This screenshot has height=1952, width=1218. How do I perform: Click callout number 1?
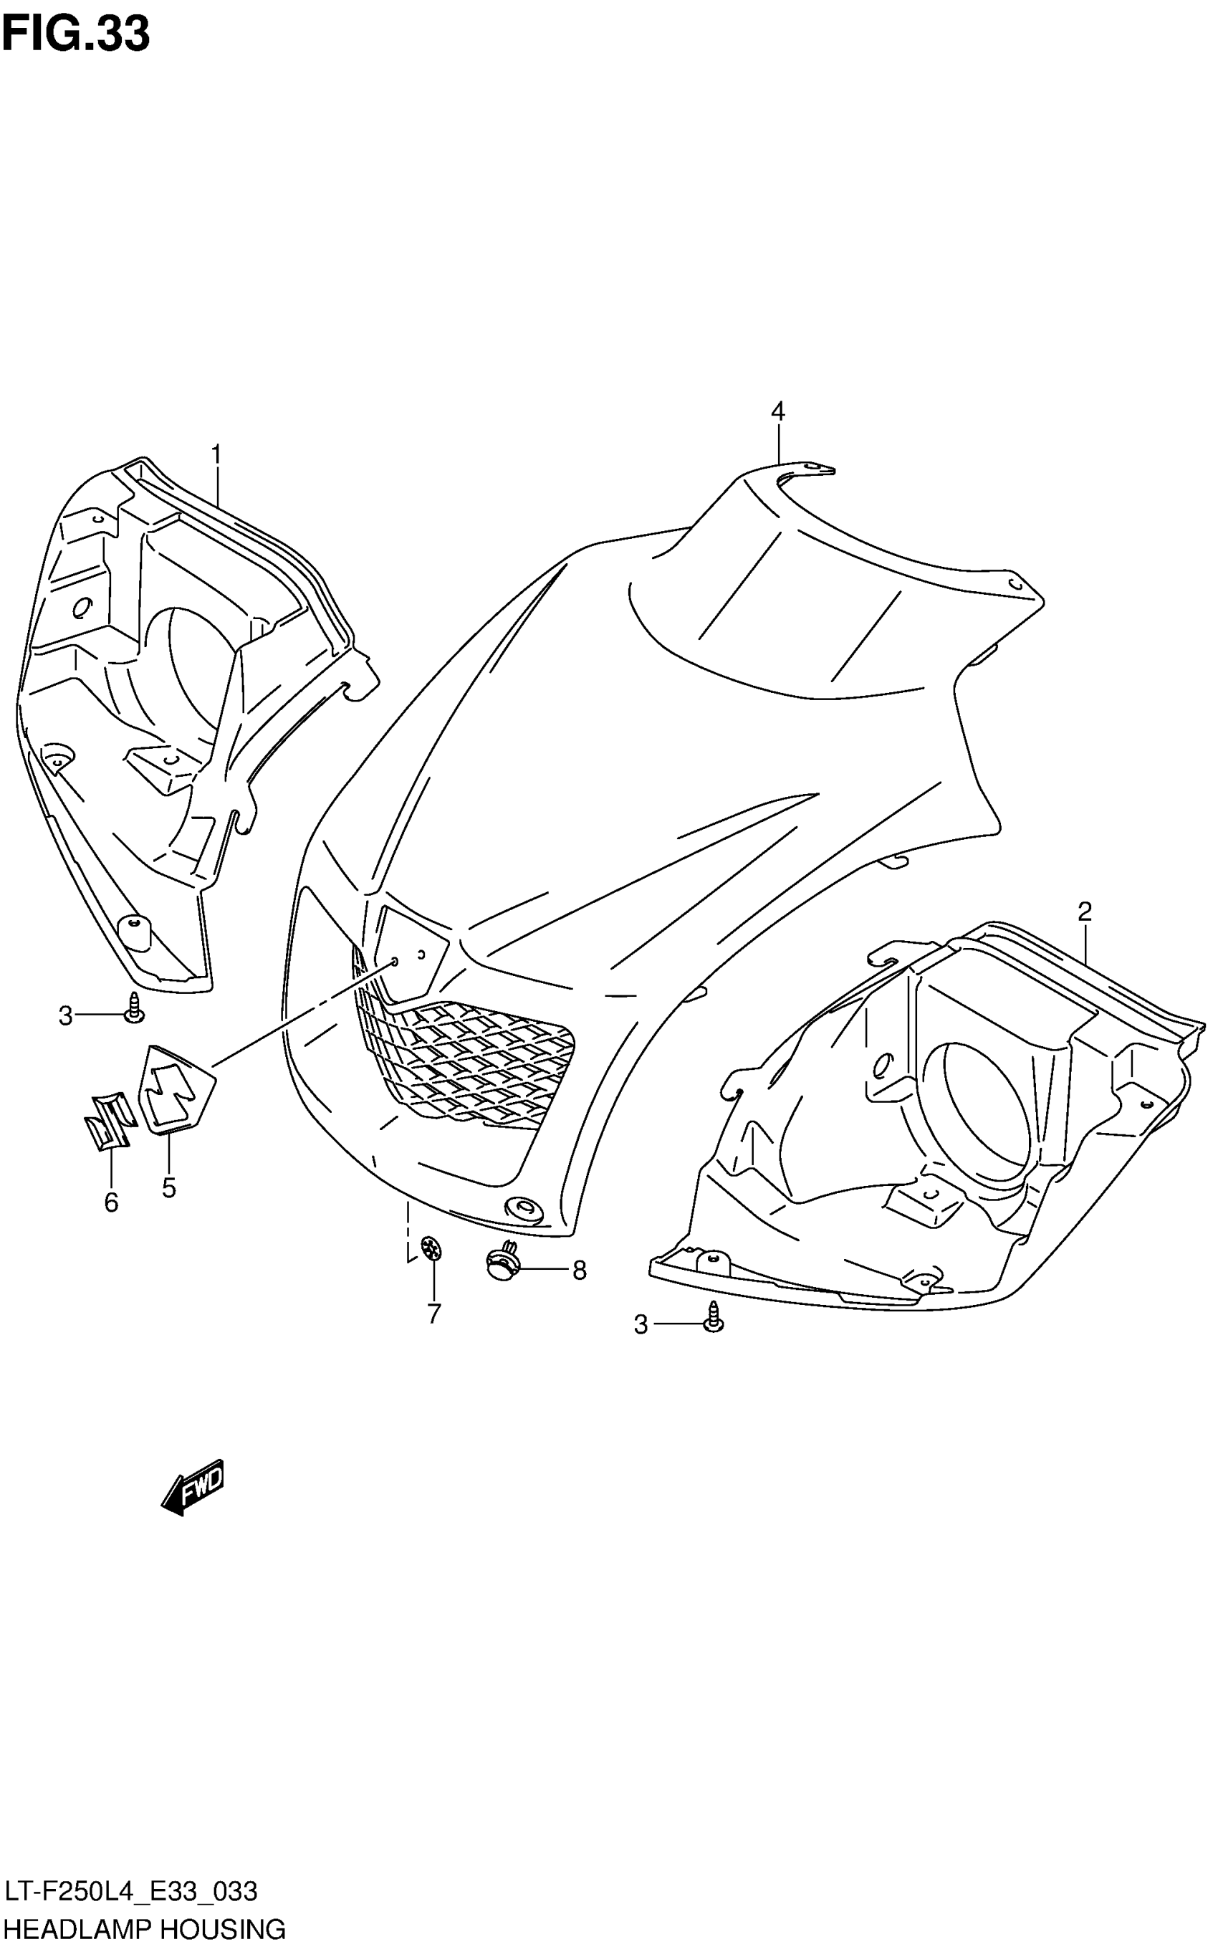(x=216, y=456)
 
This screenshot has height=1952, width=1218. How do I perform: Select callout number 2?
(x=1084, y=912)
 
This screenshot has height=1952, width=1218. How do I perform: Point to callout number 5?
(x=168, y=1187)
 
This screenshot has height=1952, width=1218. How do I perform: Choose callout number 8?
(x=578, y=1271)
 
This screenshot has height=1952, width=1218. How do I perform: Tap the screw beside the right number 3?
(x=714, y=1316)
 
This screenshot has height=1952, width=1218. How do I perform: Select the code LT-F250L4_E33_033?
(x=131, y=1892)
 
